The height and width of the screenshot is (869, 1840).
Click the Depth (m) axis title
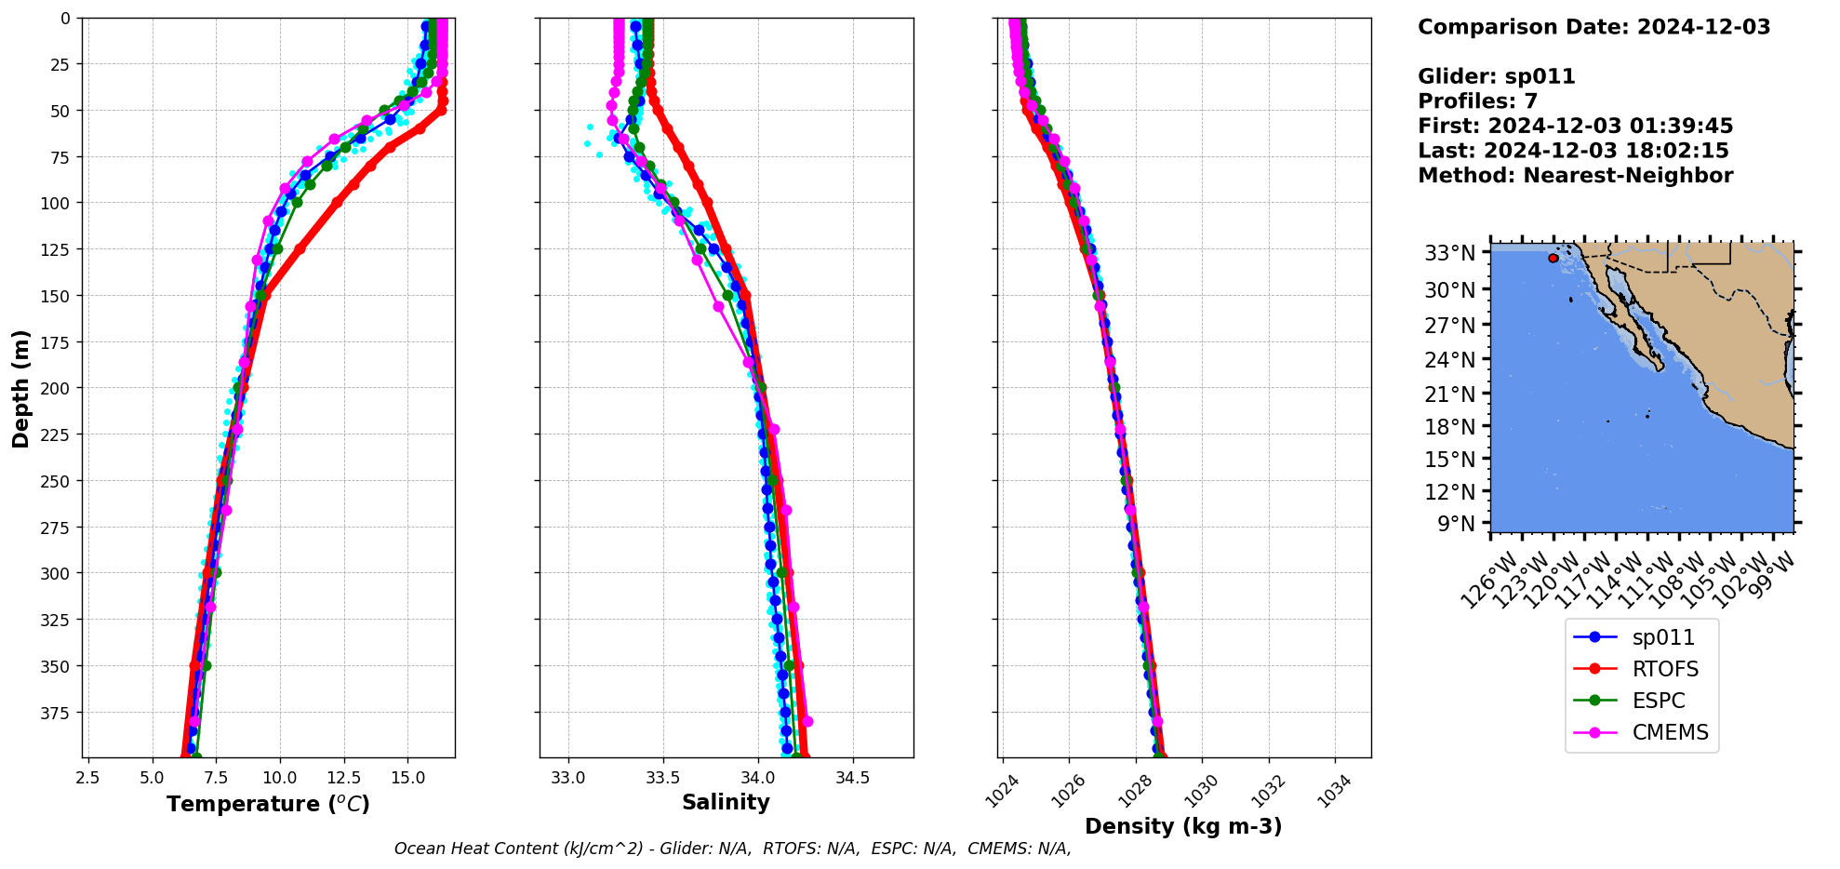[x=20, y=388]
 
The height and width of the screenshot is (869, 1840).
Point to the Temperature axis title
[x=268, y=804]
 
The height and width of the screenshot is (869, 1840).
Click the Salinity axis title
[x=726, y=802]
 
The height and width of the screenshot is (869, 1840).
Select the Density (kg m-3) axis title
[x=1183, y=826]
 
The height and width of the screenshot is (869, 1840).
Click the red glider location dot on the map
[x=1553, y=258]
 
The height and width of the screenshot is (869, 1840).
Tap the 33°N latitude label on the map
[x=1449, y=253]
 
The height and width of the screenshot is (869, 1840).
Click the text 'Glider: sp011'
[x=1496, y=76]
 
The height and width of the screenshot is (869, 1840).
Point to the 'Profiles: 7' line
[x=1477, y=101]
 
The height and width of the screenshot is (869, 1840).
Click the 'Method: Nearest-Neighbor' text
[x=1575, y=176]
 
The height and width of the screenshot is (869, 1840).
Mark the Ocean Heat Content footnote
[x=732, y=849]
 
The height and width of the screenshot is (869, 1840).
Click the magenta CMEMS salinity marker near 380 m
[x=807, y=721]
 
